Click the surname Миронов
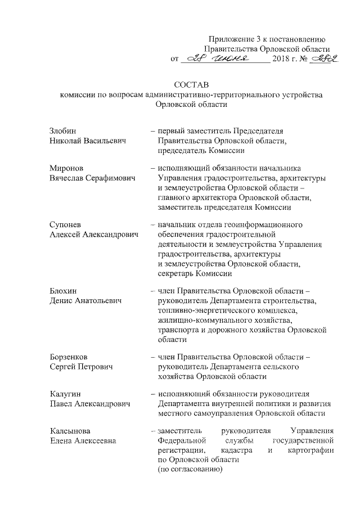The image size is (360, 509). click(65, 168)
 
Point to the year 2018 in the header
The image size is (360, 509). click(281, 59)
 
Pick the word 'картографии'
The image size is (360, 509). click(311, 451)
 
